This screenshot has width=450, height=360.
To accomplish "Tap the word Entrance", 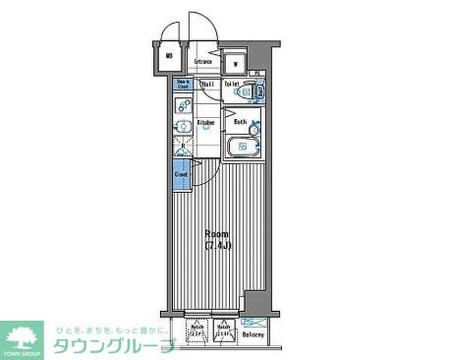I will (x=204, y=62).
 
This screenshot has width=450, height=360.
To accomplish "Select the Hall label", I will (x=208, y=84).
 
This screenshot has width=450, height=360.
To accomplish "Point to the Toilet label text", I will (x=232, y=84).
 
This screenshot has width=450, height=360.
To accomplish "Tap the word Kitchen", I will (x=205, y=122).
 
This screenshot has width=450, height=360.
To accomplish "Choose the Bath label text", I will (x=240, y=122).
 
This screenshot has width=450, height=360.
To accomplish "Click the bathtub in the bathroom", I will (x=243, y=148).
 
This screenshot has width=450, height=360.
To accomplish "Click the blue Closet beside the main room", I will (x=182, y=175).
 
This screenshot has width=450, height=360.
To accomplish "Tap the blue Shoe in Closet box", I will (x=184, y=85).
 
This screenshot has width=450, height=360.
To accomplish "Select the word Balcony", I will (x=253, y=335).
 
